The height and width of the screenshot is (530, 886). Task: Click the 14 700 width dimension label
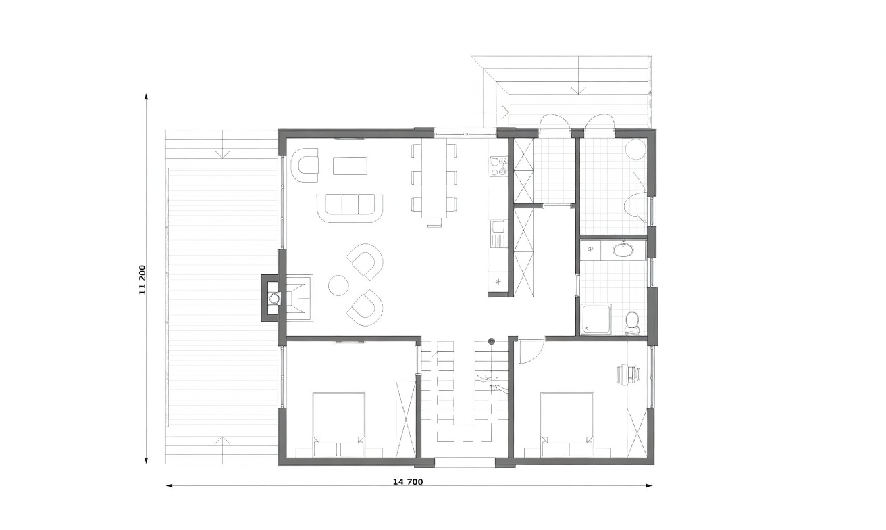[x=408, y=482]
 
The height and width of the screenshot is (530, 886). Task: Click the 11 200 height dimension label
[x=142, y=280]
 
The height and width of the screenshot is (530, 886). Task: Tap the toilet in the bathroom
[x=631, y=323]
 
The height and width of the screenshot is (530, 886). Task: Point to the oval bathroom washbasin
[x=623, y=249]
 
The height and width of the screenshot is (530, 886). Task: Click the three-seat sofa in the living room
[x=350, y=208]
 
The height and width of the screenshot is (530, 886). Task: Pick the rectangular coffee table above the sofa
[x=350, y=166]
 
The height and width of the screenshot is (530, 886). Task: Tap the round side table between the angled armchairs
[x=338, y=285]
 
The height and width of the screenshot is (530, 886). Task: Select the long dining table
[x=434, y=178]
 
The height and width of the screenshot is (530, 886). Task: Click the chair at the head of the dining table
[x=434, y=222]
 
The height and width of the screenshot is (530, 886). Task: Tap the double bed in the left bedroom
[x=338, y=425]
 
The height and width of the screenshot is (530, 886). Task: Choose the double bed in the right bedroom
[x=567, y=425]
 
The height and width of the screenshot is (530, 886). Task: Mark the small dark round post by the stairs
[x=492, y=341]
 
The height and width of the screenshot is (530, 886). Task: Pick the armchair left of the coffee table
[x=305, y=166]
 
